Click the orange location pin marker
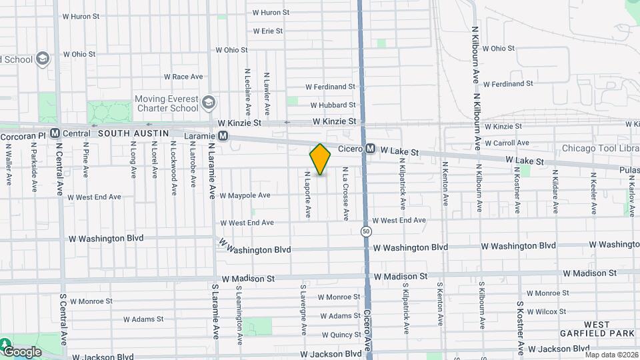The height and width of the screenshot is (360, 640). pyautogui.click(x=320, y=159)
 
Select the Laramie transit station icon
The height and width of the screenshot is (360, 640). pyautogui.click(x=223, y=135)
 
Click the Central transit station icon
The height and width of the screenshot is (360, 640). pyautogui.click(x=55, y=133)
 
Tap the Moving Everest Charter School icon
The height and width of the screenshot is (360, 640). pyautogui.click(x=209, y=103)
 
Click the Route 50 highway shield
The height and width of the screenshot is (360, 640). pyautogui.click(x=366, y=231)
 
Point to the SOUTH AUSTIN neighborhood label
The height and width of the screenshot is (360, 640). pyautogui.click(x=131, y=133)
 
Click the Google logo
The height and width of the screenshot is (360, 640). pyautogui.click(x=22, y=351)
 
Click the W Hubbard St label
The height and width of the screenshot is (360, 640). pyautogui.click(x=333, y=105)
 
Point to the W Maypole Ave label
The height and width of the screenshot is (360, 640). pyautogui.click(x=245, y=195)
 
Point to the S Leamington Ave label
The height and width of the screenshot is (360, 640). pyautogui.click(x=239, y=311)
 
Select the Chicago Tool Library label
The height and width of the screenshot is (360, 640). pyautogui.click(x=600, y=148)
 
